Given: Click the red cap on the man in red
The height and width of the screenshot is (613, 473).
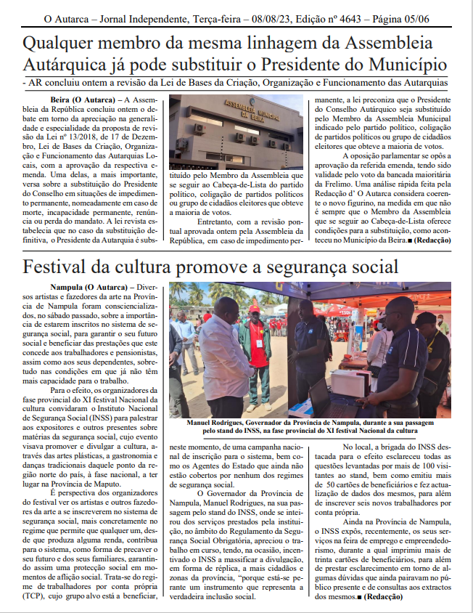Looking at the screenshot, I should [254, 309].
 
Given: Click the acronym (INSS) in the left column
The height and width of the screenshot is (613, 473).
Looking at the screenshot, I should [99, 419].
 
